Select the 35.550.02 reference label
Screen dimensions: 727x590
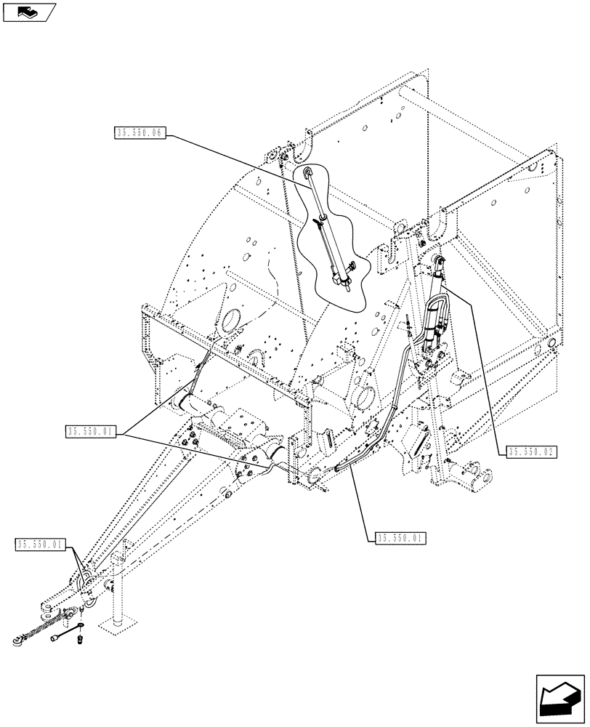click(x=530, y=451)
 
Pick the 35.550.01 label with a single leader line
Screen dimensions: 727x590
click(x=401, y=538)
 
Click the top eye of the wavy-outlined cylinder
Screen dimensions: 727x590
click(x=309, y=172)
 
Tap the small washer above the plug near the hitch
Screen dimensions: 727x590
click(x=79, y=625)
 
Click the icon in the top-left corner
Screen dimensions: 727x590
click(x=28, y=12)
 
